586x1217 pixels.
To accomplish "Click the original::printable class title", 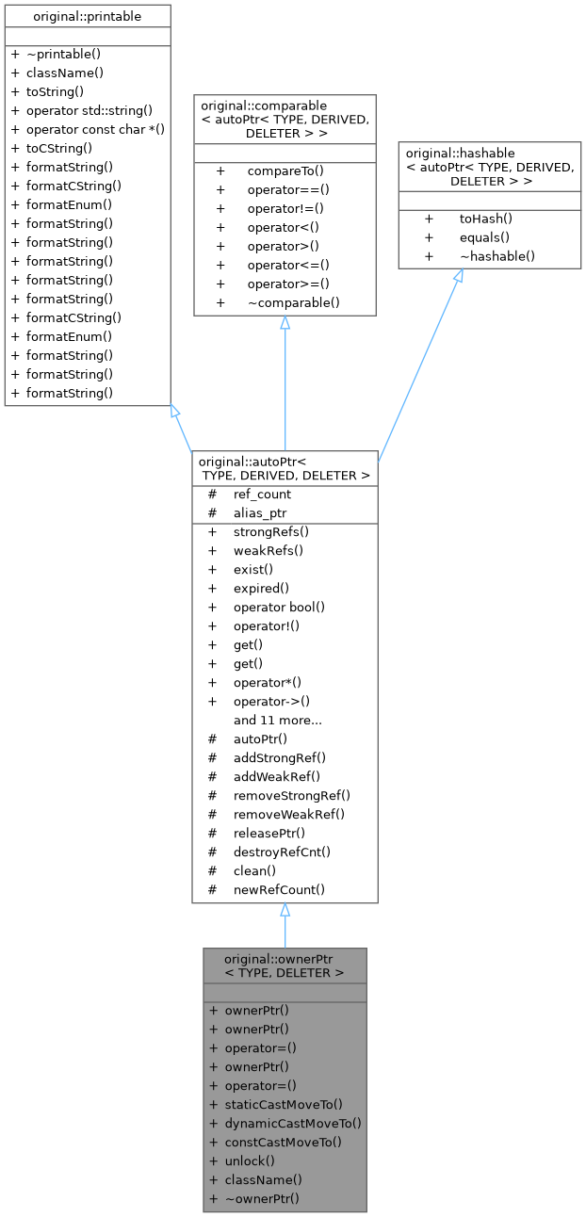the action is (87, 17).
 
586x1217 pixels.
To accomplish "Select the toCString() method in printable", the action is (59, 148).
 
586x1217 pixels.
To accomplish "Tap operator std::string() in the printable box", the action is (90, 111).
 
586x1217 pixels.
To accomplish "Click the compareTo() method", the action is (285, 171).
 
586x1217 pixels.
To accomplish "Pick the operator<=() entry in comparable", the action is (288, 265).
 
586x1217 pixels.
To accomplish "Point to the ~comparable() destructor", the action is (294, 302).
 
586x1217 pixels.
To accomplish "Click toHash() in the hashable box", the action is (486, 219).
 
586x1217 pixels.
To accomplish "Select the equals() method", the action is (484, 237).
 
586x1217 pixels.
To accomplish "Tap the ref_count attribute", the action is (262, 495).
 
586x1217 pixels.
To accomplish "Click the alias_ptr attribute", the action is (260, 513).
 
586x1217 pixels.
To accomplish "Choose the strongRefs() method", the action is (271, 532).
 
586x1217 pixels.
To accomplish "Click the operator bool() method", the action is (279, 608).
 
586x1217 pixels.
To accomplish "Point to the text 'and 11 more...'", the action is (278, 721).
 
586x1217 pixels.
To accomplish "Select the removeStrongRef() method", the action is (292, 796).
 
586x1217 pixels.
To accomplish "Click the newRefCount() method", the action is (279, 890).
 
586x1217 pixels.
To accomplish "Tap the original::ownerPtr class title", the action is (285, 966).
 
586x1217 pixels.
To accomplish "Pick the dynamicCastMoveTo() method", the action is (293, 1124).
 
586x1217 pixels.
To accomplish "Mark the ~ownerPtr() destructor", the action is (262, 1198).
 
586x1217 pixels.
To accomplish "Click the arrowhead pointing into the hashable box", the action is (459, 275).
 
